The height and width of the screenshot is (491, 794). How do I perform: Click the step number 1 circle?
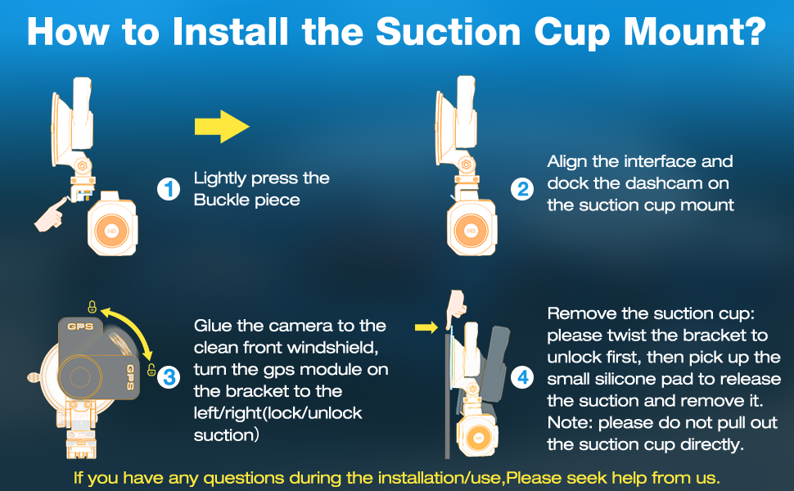[169, 189]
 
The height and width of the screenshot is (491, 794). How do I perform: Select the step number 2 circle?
[522, 189]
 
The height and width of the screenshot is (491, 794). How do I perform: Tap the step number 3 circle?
[169, 377]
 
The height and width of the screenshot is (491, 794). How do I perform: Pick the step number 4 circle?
[522, 377]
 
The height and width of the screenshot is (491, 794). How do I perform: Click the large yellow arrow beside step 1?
[222, 127]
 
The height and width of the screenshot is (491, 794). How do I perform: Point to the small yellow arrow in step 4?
[426, 327]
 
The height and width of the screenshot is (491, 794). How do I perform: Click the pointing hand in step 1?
[51, 214]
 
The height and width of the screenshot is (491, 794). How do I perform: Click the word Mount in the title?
[695, 32]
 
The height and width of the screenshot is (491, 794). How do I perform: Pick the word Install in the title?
[230, 32]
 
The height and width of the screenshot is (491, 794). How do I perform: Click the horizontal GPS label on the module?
[80, 327]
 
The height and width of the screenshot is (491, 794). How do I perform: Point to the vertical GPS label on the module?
[130, 377]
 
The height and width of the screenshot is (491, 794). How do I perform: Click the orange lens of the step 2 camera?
[471, 231]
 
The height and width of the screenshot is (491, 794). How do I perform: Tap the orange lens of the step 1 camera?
[111, 231]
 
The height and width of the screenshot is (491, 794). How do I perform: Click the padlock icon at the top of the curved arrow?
[92, 306]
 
